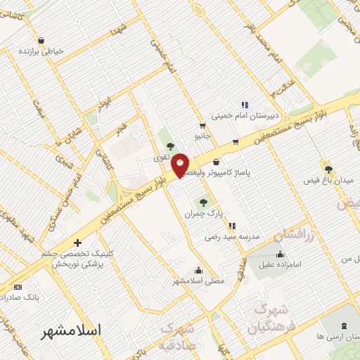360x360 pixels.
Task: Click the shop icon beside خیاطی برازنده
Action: (41, 40)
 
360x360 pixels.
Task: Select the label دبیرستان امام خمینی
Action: (245, 117)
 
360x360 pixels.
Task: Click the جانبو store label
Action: (202, 138)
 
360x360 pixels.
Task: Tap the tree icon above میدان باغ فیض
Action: (328, 169)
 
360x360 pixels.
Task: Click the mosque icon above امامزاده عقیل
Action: (281, 253)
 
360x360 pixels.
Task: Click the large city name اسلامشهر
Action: (71, 330)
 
